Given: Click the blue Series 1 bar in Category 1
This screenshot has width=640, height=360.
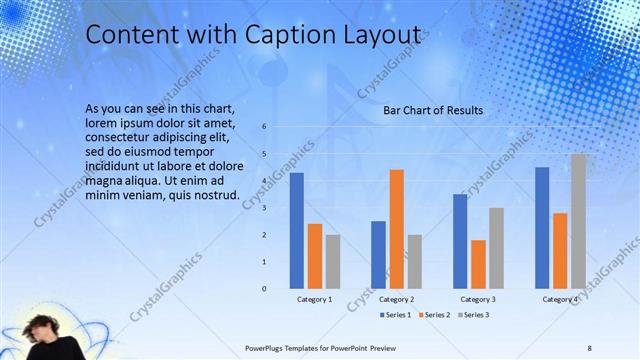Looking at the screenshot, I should [297, 231].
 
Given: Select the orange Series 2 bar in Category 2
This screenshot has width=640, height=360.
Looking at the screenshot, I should [396, 229].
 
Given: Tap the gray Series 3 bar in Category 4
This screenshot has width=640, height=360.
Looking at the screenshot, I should [578, 221].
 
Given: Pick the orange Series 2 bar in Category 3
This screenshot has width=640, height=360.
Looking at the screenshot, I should [478, 264].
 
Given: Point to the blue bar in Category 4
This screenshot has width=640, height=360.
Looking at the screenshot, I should [542, 228].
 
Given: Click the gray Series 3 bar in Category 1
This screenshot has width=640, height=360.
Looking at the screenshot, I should [332, 262].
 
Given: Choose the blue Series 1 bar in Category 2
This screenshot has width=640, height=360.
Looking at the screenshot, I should [378, 255].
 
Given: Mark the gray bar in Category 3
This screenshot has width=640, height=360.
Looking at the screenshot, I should [496, 248].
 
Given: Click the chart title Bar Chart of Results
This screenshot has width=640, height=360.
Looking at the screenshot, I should [433, 110].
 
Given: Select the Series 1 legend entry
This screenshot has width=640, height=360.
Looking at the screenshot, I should [398, 315].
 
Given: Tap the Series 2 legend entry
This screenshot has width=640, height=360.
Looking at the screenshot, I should [436, 315].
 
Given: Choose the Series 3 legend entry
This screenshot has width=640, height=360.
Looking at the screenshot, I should [474, 315].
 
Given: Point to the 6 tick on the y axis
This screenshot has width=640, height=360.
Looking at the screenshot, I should [265, 127].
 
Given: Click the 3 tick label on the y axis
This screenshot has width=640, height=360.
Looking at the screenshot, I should [265, 208].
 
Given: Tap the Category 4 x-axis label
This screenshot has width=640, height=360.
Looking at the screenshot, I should [560, 299].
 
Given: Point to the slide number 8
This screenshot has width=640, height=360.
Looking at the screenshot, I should [589, 346].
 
